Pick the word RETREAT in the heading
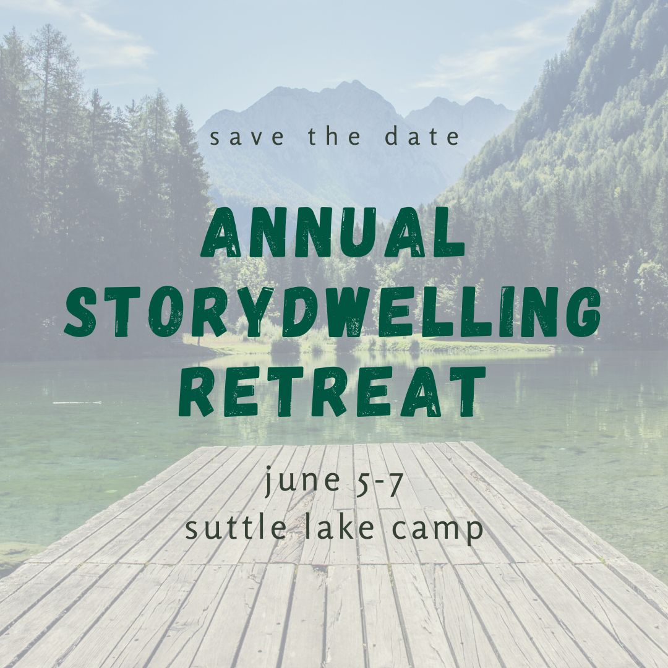[x=332, y=391]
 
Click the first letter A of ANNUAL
[x=221, y=232]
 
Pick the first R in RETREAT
[x=199, y=391]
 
